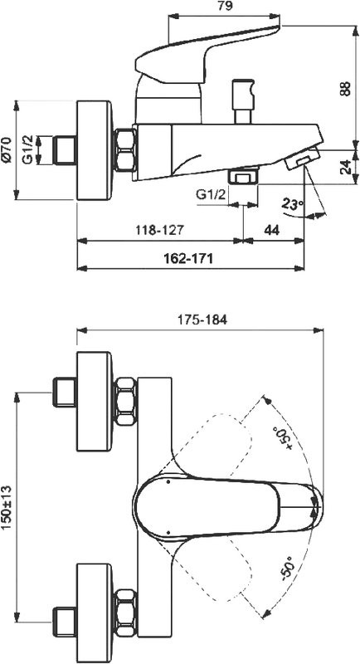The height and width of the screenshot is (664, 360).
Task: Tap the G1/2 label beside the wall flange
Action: coord(28,148)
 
